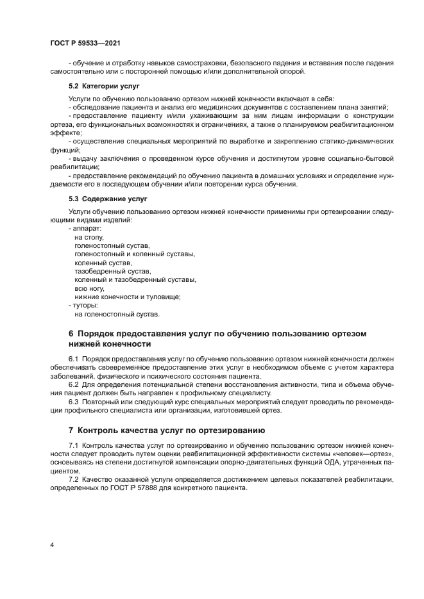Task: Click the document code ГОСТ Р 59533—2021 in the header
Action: (x=85, y=43)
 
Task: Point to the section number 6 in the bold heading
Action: (x=71, y=334)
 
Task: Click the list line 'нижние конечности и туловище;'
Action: (x=128, y=297)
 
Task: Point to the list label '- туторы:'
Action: (x=83, y=306)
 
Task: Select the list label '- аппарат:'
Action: (x=85, y=229)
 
